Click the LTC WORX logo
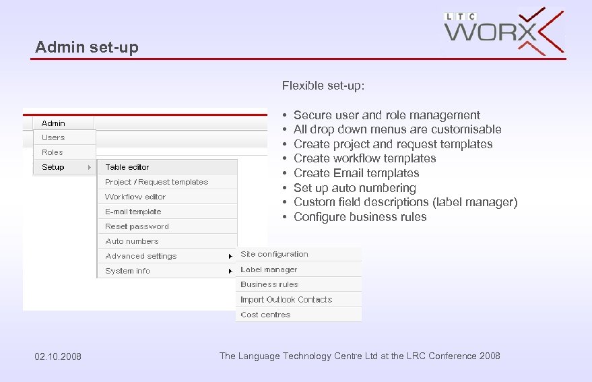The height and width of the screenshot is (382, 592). [504, 31]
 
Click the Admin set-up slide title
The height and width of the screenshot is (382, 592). [87, 47]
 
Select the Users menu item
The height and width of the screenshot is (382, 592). [54, 137]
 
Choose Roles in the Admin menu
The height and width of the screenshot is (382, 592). [53, 152]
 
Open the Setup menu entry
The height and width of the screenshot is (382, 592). [54, 167]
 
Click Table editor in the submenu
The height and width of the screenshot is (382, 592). [127, 167]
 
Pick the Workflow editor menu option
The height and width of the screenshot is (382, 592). [135, 197]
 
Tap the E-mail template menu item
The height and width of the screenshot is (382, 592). [133, 212]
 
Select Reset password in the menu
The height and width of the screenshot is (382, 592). [137, 226]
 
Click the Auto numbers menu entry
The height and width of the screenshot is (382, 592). [132, 241]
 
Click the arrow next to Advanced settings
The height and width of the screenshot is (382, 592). [230, 256]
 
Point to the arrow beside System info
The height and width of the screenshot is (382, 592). [230, 271]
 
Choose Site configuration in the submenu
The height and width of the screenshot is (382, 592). [274, 254]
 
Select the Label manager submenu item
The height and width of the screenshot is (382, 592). [269, 269]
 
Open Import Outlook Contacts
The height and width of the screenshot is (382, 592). [286, 300]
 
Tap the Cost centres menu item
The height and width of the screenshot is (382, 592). [265, 315]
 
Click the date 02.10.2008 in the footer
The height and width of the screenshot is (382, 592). [58, 356]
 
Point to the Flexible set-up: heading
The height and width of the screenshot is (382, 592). [323, 86]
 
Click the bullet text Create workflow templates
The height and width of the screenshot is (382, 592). [364, 158]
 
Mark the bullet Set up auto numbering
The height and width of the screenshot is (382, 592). [354, 188]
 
